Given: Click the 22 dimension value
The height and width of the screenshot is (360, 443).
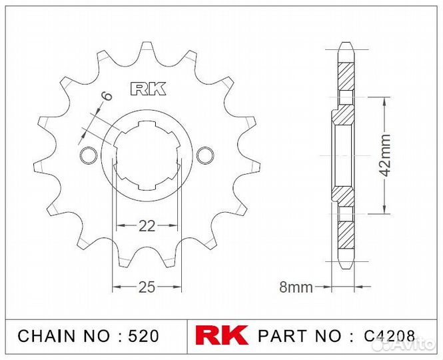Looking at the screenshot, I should (147, 226).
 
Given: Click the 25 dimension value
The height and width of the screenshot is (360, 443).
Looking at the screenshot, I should (147, 287).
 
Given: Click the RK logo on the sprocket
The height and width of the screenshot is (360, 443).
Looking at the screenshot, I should (147, 89).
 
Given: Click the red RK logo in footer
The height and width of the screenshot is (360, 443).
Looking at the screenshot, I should (222, 335).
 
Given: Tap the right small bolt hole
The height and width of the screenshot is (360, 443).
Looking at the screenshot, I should (205, 155).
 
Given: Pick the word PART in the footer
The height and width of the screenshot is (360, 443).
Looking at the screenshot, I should (280, 335).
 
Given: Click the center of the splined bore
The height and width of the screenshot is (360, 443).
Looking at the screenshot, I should (147, 155).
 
